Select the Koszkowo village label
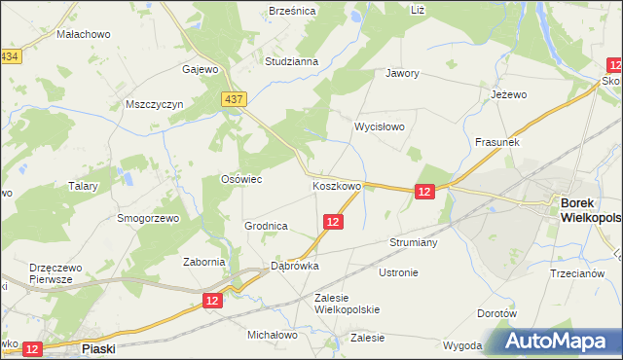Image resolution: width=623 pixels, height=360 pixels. coord(337,185)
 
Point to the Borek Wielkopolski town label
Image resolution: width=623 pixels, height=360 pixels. coord(590,210)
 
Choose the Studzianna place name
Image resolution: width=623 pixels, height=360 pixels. coord(292,61)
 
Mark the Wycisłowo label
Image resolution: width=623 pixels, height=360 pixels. coord(379,127)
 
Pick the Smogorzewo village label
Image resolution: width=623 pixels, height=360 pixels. coord(148,219)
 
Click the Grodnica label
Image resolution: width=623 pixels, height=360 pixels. coord(265,226)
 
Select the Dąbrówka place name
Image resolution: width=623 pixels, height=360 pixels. coord(295,265)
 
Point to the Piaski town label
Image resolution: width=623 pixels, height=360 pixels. coord(99,346)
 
